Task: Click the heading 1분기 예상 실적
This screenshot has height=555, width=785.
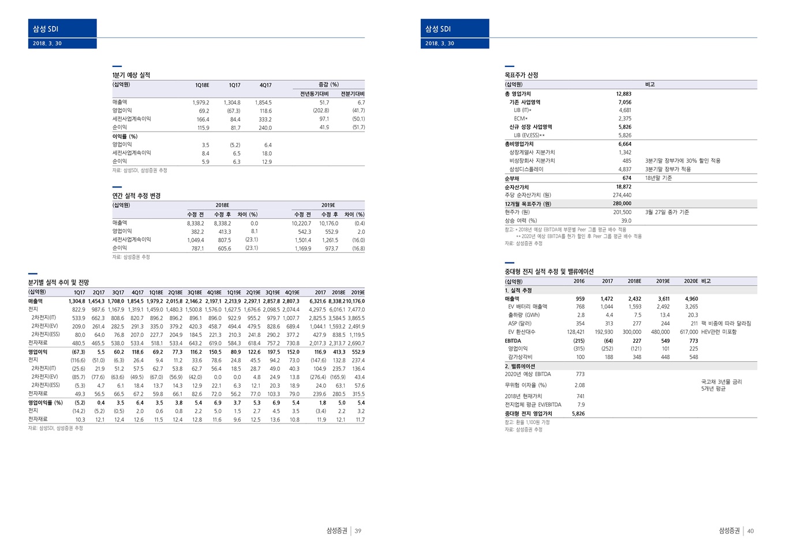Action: tap(131, 75)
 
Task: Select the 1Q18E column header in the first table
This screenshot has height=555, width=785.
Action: tap(202, 85)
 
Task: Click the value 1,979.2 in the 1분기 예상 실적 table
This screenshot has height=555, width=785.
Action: tap(201, 103)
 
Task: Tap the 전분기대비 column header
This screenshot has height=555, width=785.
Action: tap(352, 94)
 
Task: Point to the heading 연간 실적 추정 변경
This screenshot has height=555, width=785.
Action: tap(136, 196)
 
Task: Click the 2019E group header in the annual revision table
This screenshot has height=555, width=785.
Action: tap(328, 205)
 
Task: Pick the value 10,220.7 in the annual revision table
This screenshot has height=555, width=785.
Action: tap(301, 223)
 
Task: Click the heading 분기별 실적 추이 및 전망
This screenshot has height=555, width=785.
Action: tap(59, 283)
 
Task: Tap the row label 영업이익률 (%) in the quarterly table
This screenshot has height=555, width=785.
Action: tap(46, 403)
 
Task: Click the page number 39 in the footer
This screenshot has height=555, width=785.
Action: tap(358, 531)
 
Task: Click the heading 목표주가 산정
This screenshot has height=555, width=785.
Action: tap(521, 75)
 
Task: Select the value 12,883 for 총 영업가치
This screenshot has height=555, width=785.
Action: tap(623, 93)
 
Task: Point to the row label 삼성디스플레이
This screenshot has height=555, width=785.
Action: tap(526, 170)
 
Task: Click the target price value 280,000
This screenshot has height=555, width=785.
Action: tap(622, 204)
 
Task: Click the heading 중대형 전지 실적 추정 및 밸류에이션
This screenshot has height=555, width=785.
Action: tap(549, 272)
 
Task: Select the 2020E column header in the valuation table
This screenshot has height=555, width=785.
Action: tap(691, 282)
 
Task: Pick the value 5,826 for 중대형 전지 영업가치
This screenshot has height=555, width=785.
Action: tap(578, 414)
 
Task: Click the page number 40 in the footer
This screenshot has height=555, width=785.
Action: tap(750, 531)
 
